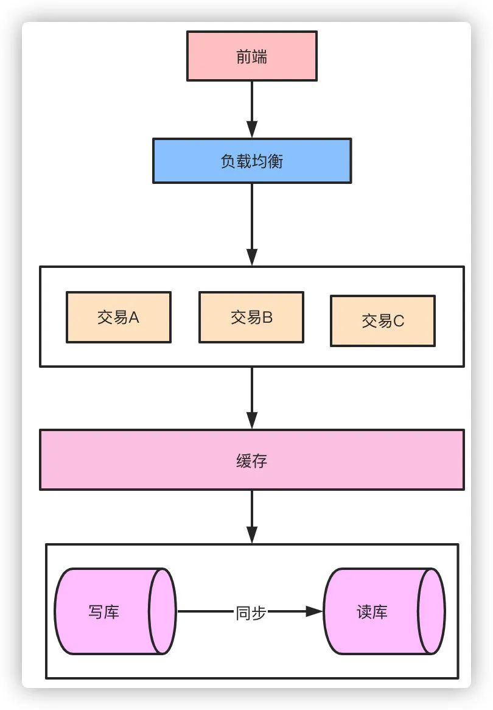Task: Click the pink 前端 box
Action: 251,56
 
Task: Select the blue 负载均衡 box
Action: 251,161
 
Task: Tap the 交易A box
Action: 119,317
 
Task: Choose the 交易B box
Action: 251,317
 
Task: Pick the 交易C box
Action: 382,321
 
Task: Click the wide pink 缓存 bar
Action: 251,460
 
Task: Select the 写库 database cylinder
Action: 110,611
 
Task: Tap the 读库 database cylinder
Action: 377,611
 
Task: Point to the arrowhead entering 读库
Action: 314,611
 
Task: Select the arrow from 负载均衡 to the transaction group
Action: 251,223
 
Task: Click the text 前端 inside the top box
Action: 251,57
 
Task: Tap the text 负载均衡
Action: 251,161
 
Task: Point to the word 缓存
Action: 251,461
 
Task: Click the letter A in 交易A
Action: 134,317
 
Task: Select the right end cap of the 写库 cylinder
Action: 163,611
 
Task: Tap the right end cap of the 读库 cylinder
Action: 432,611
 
